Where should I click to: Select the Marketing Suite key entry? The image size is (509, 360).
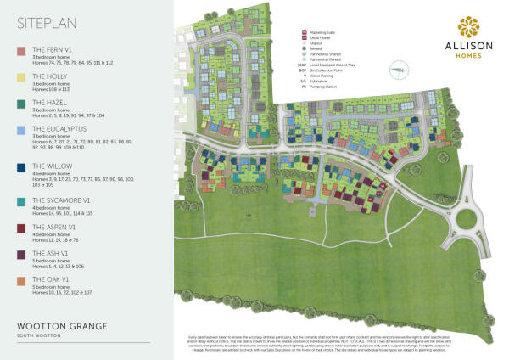[323, 32]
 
